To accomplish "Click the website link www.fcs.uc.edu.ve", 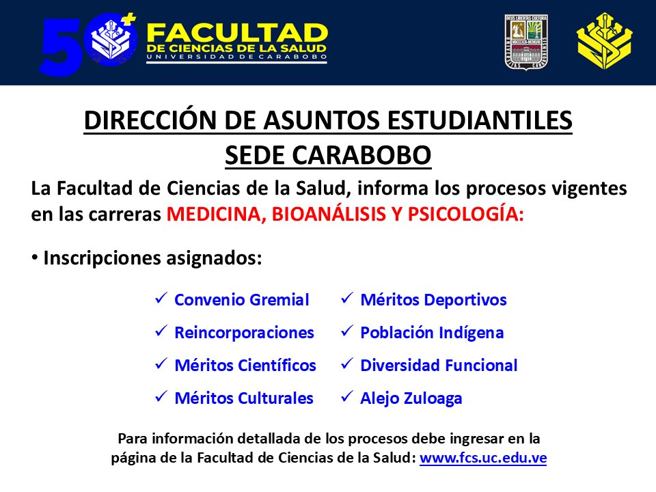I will tap(483, 458).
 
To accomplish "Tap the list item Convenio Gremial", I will tap(242, 299).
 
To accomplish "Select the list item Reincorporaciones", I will tap(244, 333).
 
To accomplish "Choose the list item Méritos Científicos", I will tap(245, 366).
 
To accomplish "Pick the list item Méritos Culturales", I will tap(244, 398).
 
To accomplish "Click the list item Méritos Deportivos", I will tap(433, 299).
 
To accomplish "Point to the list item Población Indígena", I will tap(432, 333).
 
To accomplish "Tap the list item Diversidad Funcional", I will tap(439, 366).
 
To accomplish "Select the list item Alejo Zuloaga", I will tap(411, 398).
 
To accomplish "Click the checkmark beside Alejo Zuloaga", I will tap(347, 396).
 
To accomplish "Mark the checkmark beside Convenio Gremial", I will tap(162, 298).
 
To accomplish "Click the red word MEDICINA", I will tap(214, 214).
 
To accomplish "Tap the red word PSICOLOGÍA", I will tap(466, 214).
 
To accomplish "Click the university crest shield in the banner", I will tap(527, 42).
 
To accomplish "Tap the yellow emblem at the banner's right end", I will tap(604, 42).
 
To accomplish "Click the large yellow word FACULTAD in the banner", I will tap(237, 33).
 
